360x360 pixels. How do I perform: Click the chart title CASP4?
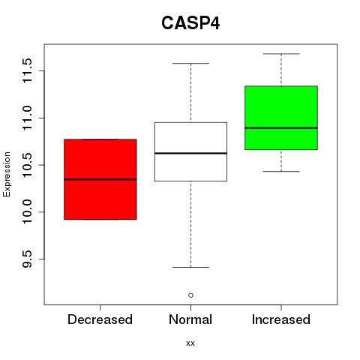(x=190, y=23)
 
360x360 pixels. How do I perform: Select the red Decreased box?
(x=100, y=179)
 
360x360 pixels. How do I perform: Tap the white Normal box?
(x=190, y=151)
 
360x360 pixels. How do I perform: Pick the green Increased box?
(x=281, y=118)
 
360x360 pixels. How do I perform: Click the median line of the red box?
(x=100, y=179)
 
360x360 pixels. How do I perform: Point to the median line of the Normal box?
(x=190, y=153)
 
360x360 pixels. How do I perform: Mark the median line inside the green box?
(x=281, y=127)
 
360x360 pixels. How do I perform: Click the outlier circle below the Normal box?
(x=190, y=295)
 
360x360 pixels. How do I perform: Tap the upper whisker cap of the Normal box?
(x=190, y=64)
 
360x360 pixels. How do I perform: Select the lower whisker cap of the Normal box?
(x=190, y=267)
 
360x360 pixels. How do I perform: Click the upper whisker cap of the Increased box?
(x=281, y=54)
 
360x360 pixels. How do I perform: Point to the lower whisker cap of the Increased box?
(x=281, y=172)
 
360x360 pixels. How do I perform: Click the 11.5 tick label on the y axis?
(x=27, y=70)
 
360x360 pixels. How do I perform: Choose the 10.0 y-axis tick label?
(x=27, y=212)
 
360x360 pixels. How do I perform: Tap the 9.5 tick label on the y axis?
(x=27, y=259)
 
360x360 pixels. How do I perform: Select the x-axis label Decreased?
(x=100, y=319)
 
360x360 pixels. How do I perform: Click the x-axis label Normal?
(x=190, y=319)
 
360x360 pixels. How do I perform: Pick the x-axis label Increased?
(x=281, y=319)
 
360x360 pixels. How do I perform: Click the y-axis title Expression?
(x=7, y=174)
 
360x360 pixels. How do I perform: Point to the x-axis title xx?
(x=190, y=343)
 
